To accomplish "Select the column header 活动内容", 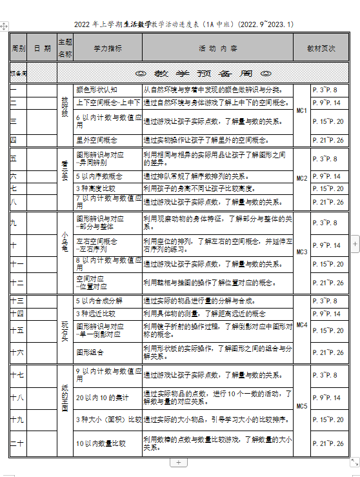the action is pyautogui.click(x=217, y=48).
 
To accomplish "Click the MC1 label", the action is pyautogui.click(x=301, y=112).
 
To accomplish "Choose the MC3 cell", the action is pyautogui.click(x=301, y=251).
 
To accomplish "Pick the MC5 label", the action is pyautogui.click(x=301, y=406).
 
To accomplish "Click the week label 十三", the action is pyautogui.click(x=17, y=301).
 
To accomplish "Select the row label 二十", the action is pyautogui.click(x=17, y=443).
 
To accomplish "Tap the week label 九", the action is pyautogui.click(x=14, y=223).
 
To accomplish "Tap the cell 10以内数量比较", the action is pyautogui.click(x=101, y=443).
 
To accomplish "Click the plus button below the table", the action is pyautogui.click(x=179, y=462).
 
